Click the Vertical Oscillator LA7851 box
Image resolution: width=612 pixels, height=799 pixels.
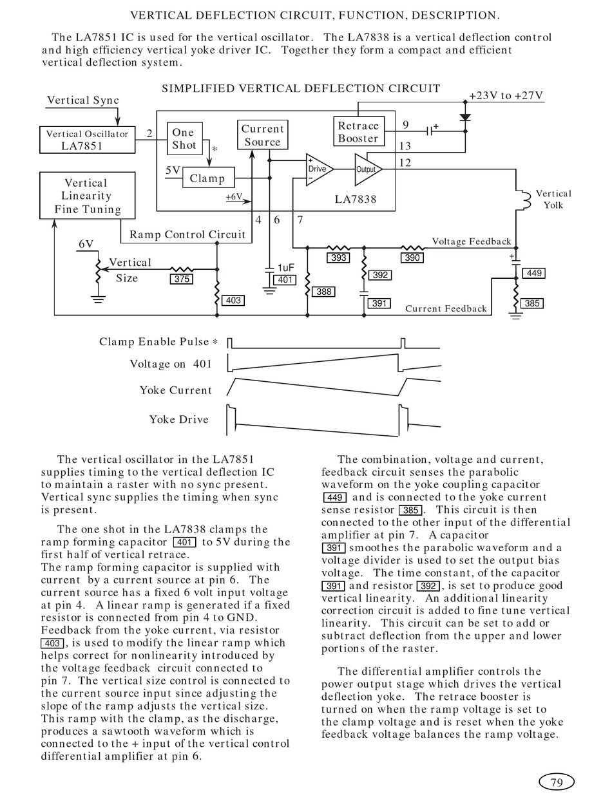87,140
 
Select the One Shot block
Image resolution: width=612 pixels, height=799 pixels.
185,138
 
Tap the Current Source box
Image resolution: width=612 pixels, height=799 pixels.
263,135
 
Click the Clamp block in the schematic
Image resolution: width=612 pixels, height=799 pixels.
209,178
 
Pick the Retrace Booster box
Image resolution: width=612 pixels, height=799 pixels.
359,131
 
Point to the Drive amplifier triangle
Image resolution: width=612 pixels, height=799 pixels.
320,169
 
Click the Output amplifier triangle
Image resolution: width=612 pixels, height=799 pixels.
368,169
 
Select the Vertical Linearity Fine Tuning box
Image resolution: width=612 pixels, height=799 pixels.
87,196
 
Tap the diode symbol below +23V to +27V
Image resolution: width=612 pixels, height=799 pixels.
465,118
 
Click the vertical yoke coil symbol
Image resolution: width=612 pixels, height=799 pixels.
525,200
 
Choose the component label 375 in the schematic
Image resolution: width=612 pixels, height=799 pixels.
182,279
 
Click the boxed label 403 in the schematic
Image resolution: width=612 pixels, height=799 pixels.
233,301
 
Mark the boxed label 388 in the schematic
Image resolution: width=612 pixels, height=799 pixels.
323,292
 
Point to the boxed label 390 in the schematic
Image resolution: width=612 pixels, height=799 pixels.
412,258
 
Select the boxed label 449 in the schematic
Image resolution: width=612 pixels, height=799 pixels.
533,273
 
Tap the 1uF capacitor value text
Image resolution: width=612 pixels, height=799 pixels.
286,268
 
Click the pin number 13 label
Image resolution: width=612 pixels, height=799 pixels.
405,146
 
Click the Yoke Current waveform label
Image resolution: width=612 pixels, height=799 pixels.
176,390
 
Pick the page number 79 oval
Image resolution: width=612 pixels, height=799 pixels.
557,782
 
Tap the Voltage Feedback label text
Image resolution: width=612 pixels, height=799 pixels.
472,241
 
